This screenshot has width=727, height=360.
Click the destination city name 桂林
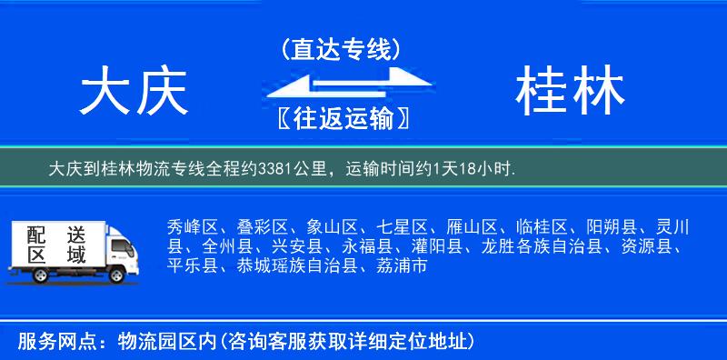click(570, 94)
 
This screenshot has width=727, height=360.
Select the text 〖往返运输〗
click(341, 118)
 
